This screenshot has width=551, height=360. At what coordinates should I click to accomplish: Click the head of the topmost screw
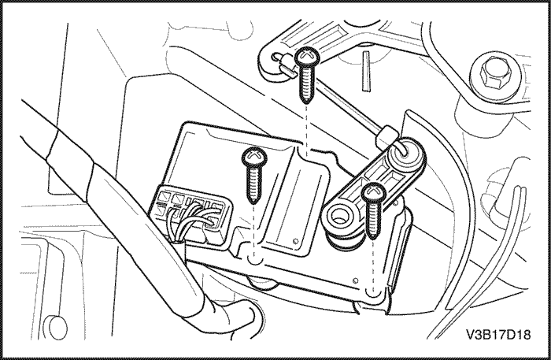307,58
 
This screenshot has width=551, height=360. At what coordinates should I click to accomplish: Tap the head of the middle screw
255,157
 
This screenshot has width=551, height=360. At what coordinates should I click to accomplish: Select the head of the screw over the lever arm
374,194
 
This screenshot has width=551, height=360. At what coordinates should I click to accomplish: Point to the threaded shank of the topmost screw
307,84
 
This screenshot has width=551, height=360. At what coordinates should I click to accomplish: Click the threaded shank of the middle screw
254,184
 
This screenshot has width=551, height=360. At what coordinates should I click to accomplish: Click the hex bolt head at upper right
495,74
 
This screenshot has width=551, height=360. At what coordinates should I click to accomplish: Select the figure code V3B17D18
498,334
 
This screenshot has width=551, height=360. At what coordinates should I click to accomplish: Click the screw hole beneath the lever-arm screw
374,291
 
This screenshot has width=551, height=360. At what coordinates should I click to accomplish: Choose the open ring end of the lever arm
338,219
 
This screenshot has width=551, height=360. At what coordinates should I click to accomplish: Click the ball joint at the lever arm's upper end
405,153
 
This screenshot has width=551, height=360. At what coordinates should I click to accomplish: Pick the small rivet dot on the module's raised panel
295,241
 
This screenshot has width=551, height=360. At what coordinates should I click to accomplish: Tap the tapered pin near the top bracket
366,71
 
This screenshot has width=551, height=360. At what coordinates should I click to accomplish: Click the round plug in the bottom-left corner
57,328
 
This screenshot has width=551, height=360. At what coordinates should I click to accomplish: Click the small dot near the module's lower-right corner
355,280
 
